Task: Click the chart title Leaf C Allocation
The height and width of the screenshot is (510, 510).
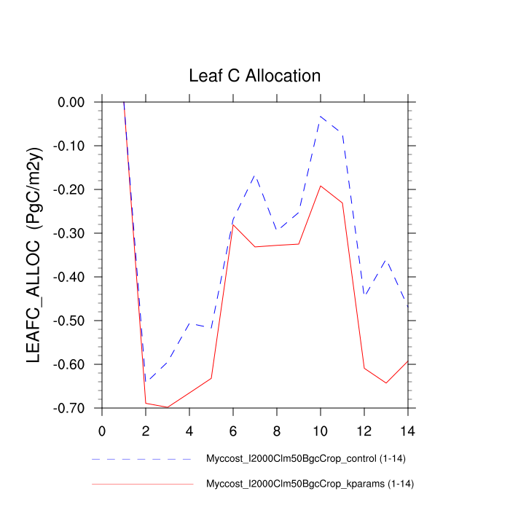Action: pos(254,76)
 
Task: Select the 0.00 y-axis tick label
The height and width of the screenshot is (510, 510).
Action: pos(72,102)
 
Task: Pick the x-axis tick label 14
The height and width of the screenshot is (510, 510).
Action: pos(407,429)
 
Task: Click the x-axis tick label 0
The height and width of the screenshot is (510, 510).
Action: pos(102,429)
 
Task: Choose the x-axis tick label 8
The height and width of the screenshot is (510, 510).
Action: pos(277,429)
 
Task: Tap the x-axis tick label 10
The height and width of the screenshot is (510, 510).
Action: pos(321,429)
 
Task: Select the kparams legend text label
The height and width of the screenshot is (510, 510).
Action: pos(309,484)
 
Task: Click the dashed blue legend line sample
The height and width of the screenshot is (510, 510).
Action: pos(142,460)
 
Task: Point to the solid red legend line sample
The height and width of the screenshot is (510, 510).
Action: pos(142,484)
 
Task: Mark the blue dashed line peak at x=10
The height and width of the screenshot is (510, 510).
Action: pos(321,116)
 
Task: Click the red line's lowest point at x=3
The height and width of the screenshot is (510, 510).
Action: pos(168,407)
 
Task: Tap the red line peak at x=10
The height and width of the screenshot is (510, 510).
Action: pos(321,186)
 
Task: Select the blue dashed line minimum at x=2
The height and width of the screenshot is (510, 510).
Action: pos(146,382)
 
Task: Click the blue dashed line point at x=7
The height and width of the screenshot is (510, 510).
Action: pos(255,175)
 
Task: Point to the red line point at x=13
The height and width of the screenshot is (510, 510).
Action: pos(386,383)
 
